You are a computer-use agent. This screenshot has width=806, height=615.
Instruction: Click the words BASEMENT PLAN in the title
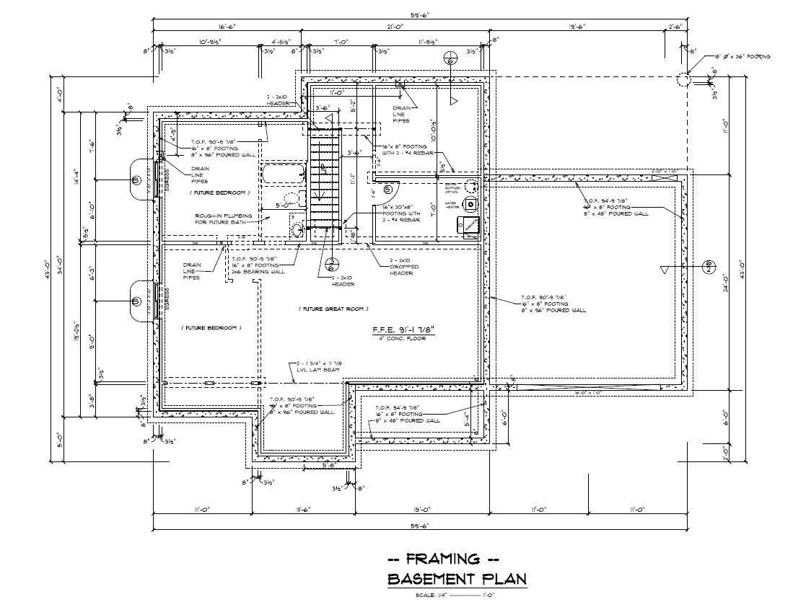(x=457, y=579)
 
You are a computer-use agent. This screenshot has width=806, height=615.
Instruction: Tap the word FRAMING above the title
(x=443, y=559)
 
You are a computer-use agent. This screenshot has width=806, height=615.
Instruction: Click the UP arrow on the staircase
(x=324, y=170)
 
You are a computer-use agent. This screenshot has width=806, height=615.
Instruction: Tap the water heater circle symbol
(x=471, y=204)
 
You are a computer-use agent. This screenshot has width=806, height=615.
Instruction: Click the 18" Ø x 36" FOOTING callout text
(x=743, y=56)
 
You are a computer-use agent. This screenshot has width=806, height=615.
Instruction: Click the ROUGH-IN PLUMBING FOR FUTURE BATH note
(x=224, y=219)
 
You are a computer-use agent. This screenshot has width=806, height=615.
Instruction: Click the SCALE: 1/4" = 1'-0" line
(x=455, y=596)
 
